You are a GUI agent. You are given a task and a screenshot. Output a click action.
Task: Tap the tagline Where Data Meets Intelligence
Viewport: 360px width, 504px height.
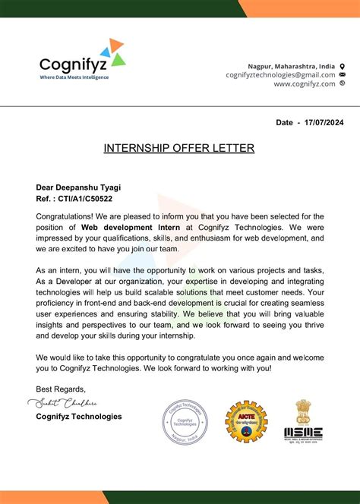(x=74, y=77)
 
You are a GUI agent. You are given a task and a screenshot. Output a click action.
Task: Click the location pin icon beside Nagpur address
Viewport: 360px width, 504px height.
(x=342, y=65)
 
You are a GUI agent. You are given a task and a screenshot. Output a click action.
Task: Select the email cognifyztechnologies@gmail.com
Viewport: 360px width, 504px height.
(x=280, y=74)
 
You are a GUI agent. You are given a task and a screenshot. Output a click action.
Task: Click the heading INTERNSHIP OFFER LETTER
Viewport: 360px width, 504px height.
(x=179, y=147)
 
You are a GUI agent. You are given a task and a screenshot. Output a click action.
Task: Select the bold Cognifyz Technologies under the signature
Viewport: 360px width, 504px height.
(x=78, y=416)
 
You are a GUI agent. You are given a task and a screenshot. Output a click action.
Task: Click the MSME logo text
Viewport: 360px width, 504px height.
(x=304, y=433)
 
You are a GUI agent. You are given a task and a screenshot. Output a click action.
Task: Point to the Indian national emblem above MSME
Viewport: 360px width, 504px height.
(x=304, y=411)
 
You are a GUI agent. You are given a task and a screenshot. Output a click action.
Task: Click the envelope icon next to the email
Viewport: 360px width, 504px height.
(x=343, y=74)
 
